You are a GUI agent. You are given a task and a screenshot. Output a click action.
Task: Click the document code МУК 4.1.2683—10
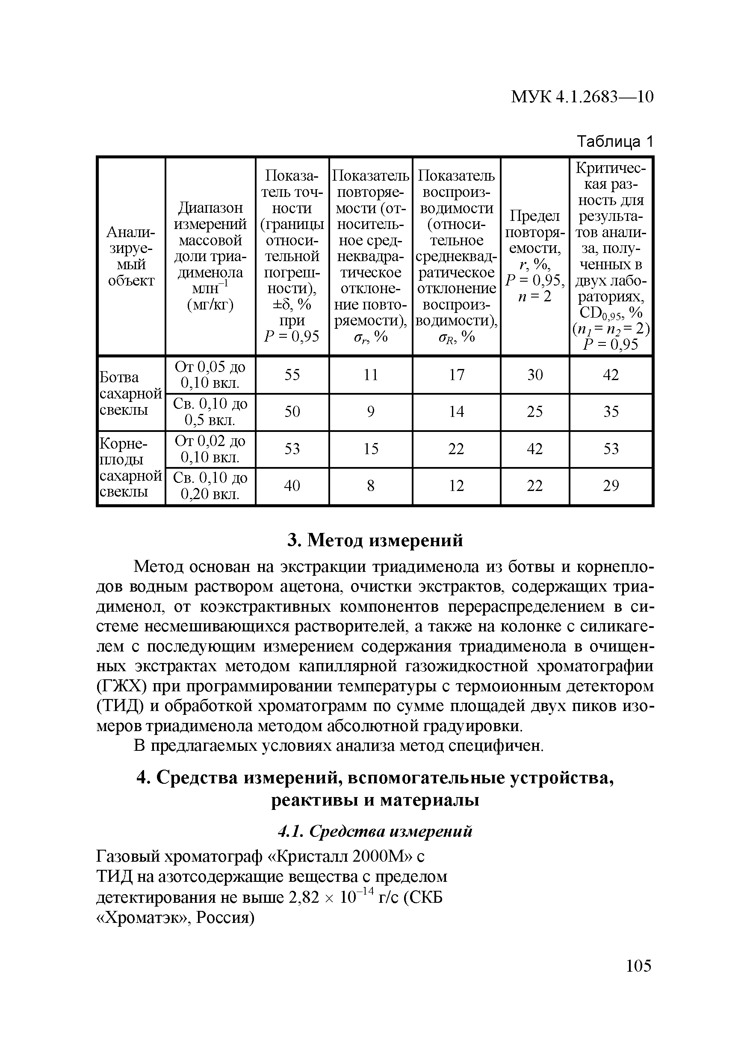tap(582, 97)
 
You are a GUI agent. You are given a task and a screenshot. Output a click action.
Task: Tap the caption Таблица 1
tap(615, 142)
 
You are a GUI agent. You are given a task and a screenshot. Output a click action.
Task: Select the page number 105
tap(638, 966)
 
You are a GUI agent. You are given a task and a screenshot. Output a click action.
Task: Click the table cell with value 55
tap(292, 375)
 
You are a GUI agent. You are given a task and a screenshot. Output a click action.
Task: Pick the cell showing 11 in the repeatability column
tap(371, 375)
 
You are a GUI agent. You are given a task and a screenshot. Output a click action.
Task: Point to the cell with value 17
tap(456, 375)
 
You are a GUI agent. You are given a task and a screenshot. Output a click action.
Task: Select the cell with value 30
tap(534, 375)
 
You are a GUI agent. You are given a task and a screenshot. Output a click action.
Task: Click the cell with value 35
tap(611, 412)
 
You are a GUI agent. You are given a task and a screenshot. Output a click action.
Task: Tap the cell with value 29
tap(611, 486)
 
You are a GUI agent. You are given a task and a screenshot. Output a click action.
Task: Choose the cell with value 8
tap(371, 486)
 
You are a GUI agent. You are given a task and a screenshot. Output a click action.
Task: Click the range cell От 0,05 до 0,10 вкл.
tap(210, 375)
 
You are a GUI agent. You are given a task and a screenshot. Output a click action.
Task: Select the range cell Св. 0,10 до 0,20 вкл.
tap(210, 486)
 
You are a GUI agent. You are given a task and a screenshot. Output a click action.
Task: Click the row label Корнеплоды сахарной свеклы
tap(131, 467)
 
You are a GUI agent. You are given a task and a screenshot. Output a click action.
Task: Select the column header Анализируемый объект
tap(131, 256)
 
